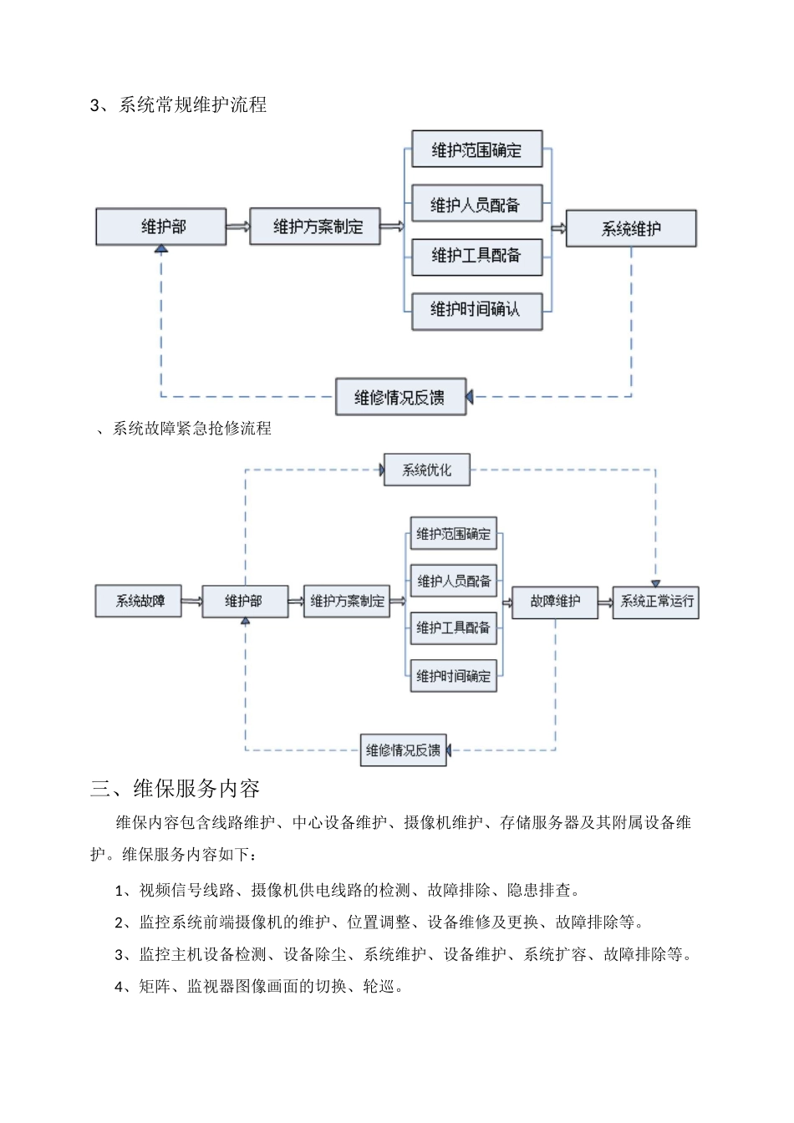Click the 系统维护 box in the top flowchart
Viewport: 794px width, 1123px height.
pyautogui.click(x=631, y=228)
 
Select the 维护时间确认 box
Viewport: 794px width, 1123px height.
pyautogui.click(x=476, y=310)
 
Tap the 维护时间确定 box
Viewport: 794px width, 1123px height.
pyautogui.click(x=453, y=676)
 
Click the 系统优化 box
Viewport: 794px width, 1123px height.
pyautogui.click(x=426, y=470)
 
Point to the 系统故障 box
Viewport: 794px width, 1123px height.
pyautogui.click(x=139, y=602)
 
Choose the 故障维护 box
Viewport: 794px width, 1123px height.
pyautogui.click(x=555, y=602)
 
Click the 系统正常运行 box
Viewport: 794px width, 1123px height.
pyautogui.click(x=656, y=602)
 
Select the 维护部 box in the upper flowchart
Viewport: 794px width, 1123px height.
pyautogui.click(x=161, y=226)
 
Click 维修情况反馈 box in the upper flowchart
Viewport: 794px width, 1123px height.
pyautogui.click(x=400, y=397)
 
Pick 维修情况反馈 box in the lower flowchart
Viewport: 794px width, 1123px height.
pyautogui.click(x=404, y=750)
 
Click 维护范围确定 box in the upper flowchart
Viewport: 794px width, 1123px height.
pyautogui.click(x=476, y=150)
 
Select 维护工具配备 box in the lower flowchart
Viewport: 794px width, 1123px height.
pyautogui.click(x=453, y=628)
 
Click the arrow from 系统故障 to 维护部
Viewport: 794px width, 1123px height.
pyautogui.click(x=191, y=602)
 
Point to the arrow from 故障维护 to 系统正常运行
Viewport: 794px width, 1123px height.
pyautogui.click(x=605, y=602)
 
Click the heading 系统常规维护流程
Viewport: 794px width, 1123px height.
pyautogui.click(x=192, y=105)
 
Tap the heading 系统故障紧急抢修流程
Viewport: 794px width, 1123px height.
pyautogui.click(x=191, y=429)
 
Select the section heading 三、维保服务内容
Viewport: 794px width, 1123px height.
pyautogui.click(x=175, y=789)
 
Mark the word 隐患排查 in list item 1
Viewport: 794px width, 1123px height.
pyautogui.click(x=538, y=891)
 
